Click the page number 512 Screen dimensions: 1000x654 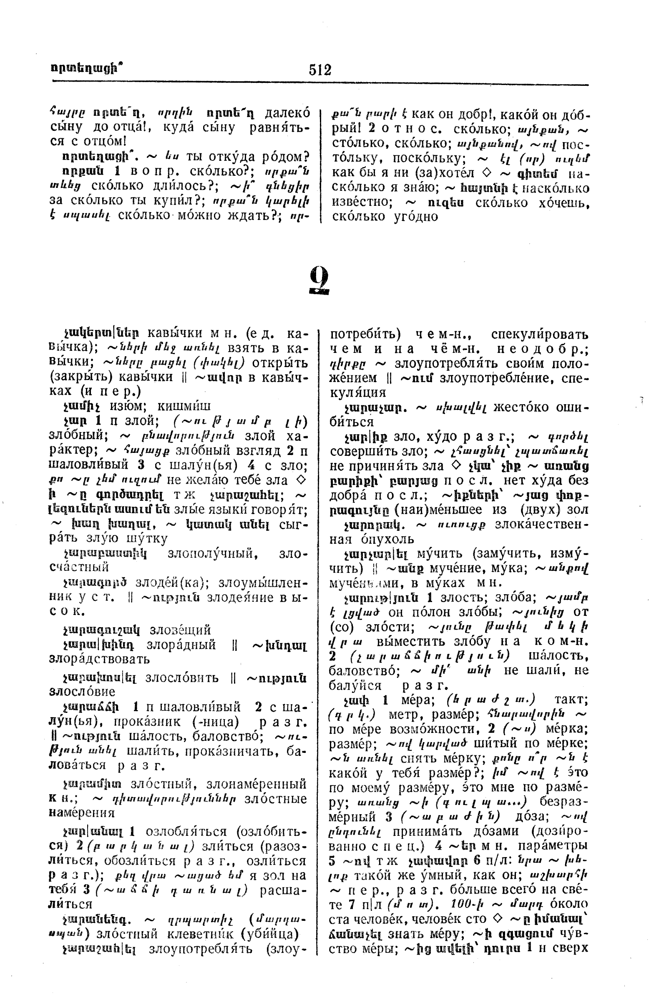click(x=320, y=70)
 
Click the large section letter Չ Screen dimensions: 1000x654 click(x=319, y=281)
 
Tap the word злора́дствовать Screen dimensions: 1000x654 click(x=99, y=658)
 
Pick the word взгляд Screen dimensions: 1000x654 click(x=254, y=451)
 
